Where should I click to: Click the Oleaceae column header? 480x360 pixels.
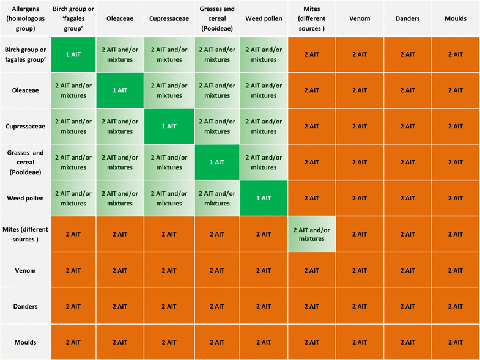click(x=120, y=18)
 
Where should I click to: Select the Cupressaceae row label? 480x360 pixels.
click(x=25, y=126)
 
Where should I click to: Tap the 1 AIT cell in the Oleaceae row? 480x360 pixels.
click(x=120, y=90)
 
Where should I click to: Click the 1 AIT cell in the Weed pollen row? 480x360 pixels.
click(x=264, y=198)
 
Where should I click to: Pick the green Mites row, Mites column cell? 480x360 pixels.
click(x=311, y=234)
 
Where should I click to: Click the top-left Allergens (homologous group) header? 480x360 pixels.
click(x=25, y=18)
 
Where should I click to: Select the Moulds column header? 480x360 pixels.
click(x=456, y=18)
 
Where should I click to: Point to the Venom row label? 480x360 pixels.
click(x=25, y=270)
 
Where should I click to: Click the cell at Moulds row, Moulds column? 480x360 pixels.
click(x=456, y=342)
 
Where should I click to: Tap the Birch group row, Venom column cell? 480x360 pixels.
click(x=360, y=54)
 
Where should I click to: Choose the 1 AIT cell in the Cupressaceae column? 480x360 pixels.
click(x=169, y=126)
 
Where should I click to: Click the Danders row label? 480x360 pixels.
click(x=25, y=306)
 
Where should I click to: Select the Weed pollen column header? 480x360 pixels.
click(x=264, y=18)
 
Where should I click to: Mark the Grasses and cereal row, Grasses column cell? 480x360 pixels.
click(x=217, y=162)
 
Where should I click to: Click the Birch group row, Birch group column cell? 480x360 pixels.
click(x=73, y=54)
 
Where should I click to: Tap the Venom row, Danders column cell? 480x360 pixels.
click(x=407, y=270)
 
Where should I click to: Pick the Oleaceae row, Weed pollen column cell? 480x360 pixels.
click(x=264, y=90)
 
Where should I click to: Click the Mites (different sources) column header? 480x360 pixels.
click(x=311, y=18)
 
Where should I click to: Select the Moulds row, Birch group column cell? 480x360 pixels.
click(x=73, y=342)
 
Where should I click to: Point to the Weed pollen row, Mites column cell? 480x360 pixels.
click(x=311, y=198)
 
